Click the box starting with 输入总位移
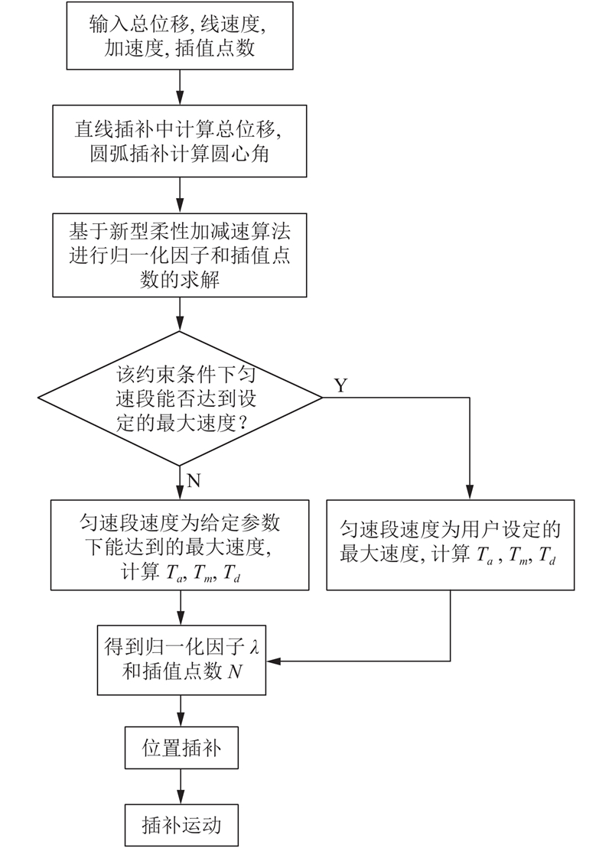click(180, 36)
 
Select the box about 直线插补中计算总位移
click(180, 141)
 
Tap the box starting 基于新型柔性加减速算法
click(180, 255)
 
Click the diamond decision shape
click(180, 398)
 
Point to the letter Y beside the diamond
click(340, 385)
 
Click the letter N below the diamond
click(194, 480)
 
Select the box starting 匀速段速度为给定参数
click(180, 544)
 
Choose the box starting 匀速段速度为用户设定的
click(451, 544)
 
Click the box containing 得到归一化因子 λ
click(181, 661)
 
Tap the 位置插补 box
click(181, 749)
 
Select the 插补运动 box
click(181, 825)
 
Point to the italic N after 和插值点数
click(235, 671)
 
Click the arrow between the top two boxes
click(180, 88)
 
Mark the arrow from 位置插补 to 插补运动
click(181, 787)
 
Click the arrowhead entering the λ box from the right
click(272, 661)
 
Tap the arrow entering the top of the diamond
click(180, 314)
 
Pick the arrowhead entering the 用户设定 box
click(469, 493)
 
